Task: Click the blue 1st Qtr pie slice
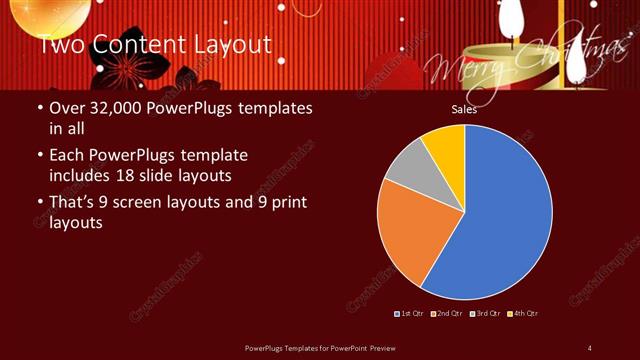[500, 220]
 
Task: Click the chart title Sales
[463, 110]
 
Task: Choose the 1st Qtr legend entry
[410, 314]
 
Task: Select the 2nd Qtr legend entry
[447, 314]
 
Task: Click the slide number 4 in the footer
[590, 347]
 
